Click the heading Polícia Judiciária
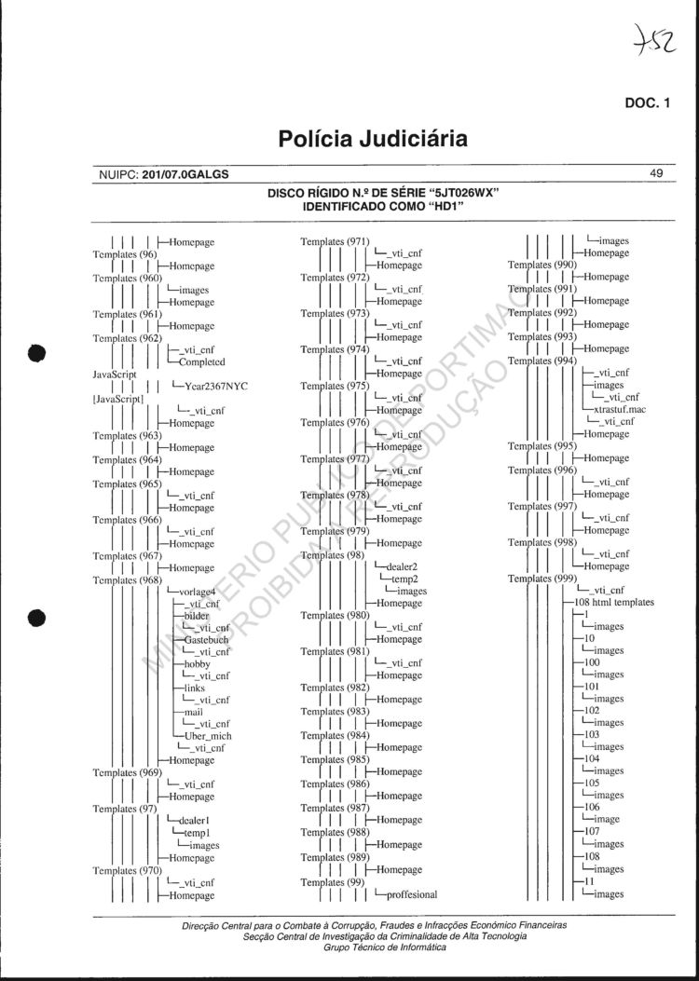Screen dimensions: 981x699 pyautogui.click(x=372, y=140)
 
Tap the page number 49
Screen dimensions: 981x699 pyautogui.click(x=656, y=173)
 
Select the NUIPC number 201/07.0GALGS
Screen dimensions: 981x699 pyautogui.click(x=185, y=174)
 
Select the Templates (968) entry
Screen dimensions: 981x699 pyautogui.click(x=128, y=580)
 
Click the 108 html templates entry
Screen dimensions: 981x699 pyautogui.click(x=620, y=603)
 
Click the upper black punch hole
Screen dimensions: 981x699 pyautogui.click(x=37, y=353)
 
